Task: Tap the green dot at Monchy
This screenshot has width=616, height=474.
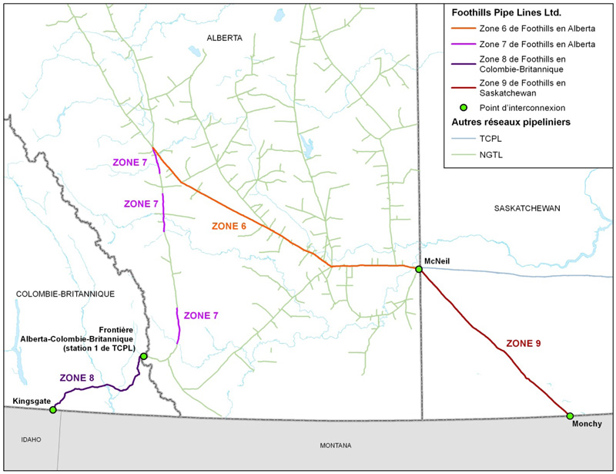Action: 570,416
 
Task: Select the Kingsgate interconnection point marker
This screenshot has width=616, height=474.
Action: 53,410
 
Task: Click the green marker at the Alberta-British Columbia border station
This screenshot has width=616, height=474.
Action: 144,356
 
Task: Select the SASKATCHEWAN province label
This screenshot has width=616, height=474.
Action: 527,209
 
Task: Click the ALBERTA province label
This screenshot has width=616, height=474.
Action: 225,38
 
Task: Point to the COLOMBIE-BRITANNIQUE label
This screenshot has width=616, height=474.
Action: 65,294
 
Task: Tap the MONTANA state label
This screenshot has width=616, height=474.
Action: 336,445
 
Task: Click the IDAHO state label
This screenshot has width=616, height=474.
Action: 30,439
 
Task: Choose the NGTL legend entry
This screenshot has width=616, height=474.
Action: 490,155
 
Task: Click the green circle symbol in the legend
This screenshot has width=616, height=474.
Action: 464,107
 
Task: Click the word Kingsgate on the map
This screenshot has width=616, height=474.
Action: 32,401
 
